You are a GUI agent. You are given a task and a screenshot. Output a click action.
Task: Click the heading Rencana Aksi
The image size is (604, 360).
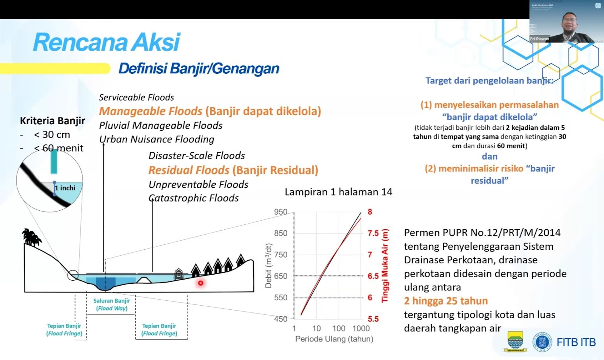pyautogui.click(x=106, y=42)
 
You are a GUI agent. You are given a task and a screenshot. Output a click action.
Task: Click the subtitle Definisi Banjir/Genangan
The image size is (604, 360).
pyautogui.click(x=199, y=68)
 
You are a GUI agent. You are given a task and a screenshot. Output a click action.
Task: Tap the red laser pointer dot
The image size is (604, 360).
pyautogui.click(x=200, y=283)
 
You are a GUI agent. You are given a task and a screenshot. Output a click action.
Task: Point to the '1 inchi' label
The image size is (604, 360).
pyautogui.click(x=65, y=188)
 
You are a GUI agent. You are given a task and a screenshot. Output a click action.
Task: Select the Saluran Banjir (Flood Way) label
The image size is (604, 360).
pyautogui.click(x=112, y=304)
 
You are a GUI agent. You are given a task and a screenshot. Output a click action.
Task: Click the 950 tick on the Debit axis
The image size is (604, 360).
pyautogui.click(x=280, y=212)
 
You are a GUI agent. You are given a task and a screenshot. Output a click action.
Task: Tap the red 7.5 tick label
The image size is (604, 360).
pyautogui.click(x=373, y=233)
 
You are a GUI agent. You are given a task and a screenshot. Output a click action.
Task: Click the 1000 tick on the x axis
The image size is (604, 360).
pyautogui.click(x=361, y=328)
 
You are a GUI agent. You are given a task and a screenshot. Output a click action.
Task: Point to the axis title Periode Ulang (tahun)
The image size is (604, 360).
pyautogui.click(x=334, y=339)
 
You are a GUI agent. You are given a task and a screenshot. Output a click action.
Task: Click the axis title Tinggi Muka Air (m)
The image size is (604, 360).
pyautogui.click(x=385, y=266)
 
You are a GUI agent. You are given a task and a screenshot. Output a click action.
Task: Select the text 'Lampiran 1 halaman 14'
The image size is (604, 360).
pyautogui.click(x=338, y=192)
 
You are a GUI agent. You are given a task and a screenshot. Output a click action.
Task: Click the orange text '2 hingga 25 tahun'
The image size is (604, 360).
pyautogui.click(x=446, y=301)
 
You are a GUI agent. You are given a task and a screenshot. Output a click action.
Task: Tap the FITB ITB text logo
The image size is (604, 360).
pyautogui.click(x=576, y=342)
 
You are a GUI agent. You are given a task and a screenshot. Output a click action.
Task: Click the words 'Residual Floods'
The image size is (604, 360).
pyautogui.click(x=188, y=170)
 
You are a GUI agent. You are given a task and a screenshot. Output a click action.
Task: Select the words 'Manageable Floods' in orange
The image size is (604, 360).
pyautogui.click(x=150, y=111)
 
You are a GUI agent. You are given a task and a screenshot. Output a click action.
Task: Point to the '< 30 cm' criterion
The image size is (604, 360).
pyautogui.click(x=52, y=134)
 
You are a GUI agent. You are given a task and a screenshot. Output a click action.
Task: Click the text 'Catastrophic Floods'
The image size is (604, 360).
pyautogui.click(x=194, y=198)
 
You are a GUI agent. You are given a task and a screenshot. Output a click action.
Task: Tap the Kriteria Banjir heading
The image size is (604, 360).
pyautogui.click(x=52, y=121)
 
